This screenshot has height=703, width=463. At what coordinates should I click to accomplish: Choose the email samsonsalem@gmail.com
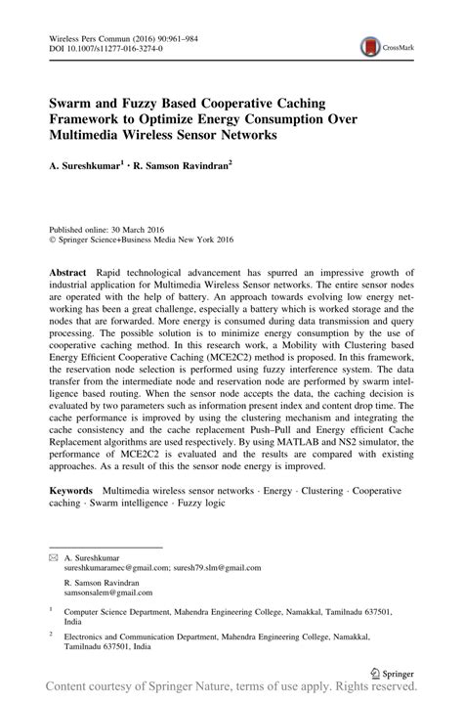click(106, 593)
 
